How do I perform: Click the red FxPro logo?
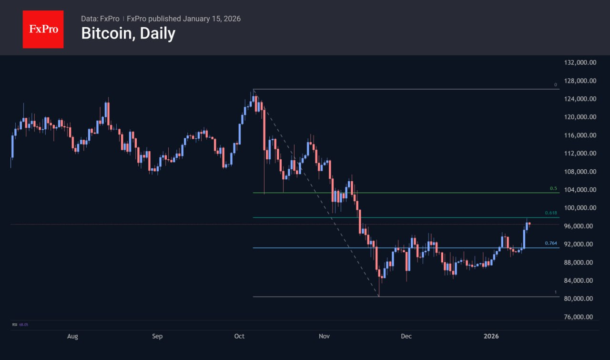click(x=43, y=29)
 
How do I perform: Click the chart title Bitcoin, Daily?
click(x=128, y=33)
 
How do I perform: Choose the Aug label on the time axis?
click(x=72, y=336)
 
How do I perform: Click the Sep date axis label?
click(x=157, y=336)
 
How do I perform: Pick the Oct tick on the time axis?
click(x=239, y=336)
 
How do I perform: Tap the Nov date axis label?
click(x=324, y=336)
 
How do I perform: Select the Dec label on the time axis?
click(x=406, y=336)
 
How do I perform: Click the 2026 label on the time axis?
click(x=491, y=336)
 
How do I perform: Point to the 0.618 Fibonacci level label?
click(x=551, y=213)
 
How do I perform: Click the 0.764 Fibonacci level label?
click(x=551, y=243)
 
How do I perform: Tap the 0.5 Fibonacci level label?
click(x=553, y=188)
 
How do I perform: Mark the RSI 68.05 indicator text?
click(x=20, y=325)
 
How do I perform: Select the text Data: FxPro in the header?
click(x=100, y=19)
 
